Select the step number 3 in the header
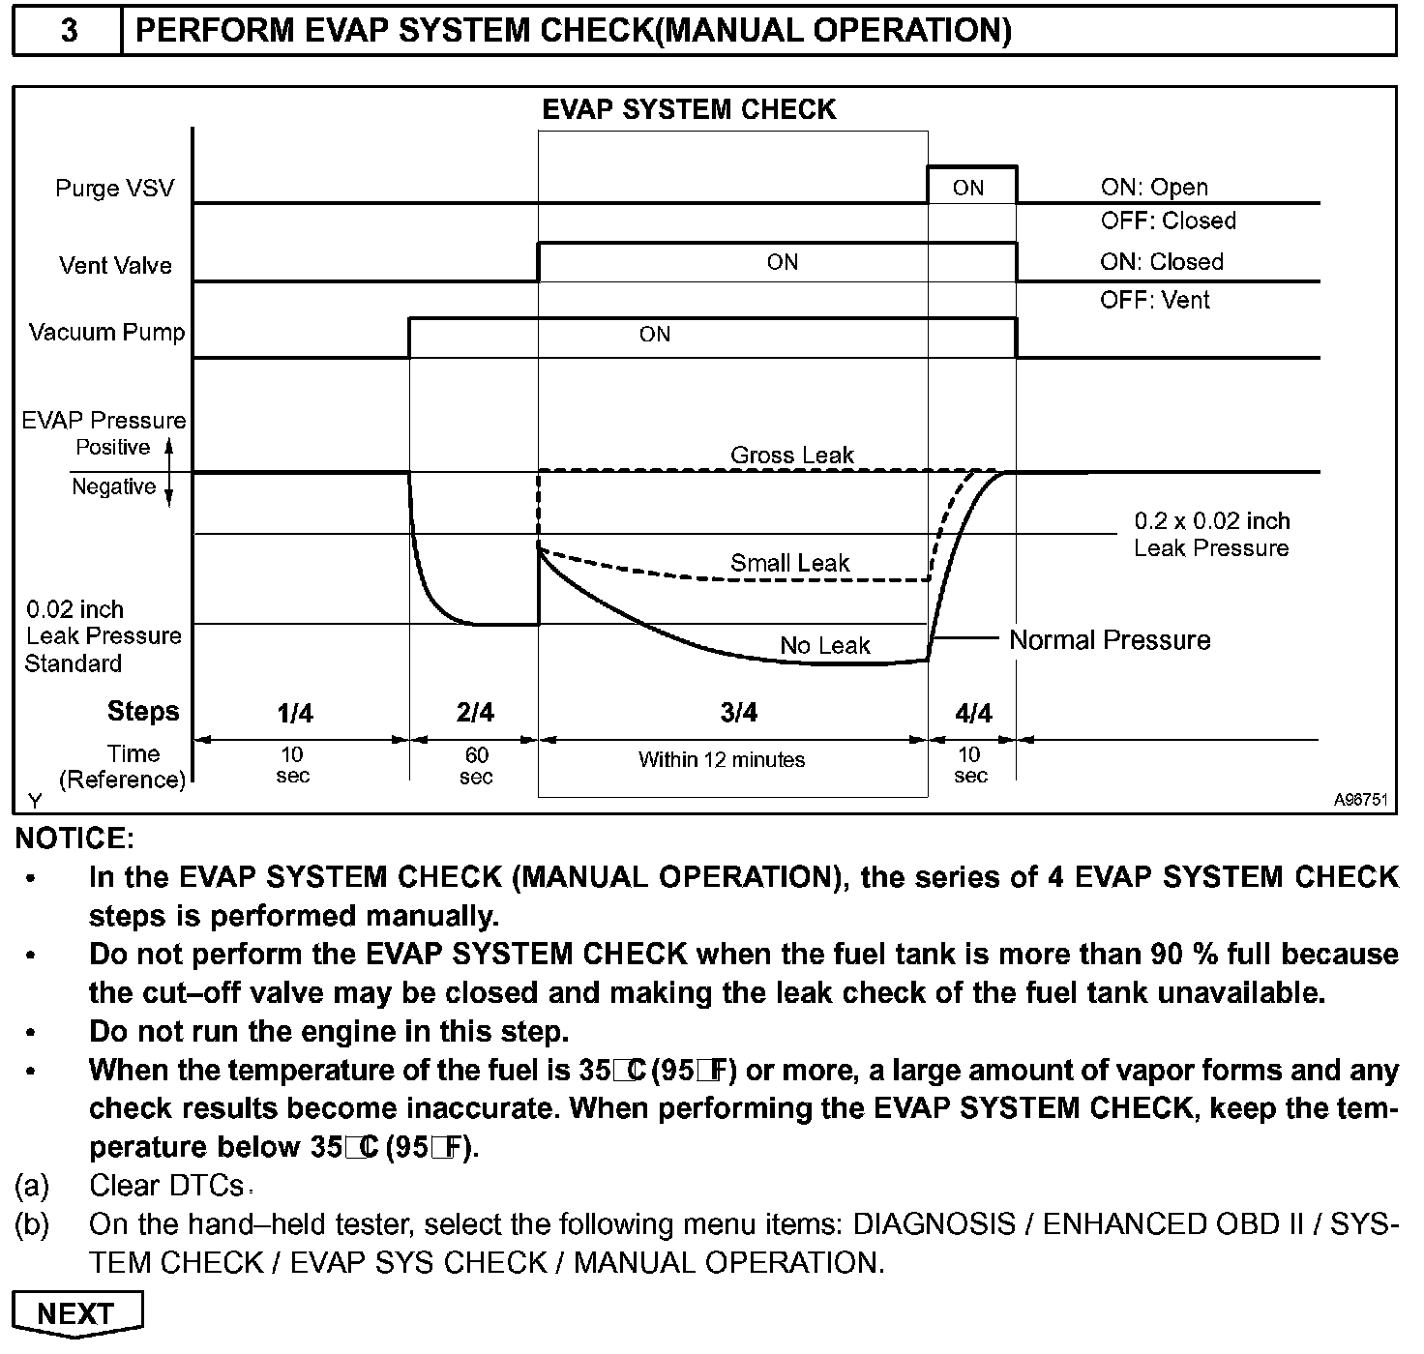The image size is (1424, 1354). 69,31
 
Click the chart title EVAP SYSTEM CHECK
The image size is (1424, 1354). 688,109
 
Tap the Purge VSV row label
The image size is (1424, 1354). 114,188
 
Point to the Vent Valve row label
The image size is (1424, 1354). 115,265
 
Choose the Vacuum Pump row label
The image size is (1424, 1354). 106,333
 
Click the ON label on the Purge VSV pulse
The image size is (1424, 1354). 968,188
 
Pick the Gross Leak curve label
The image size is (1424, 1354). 792,455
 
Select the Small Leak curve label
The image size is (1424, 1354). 789,563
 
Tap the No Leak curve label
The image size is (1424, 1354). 825,645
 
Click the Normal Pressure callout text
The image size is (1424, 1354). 1110,640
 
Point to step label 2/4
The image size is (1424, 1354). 475,713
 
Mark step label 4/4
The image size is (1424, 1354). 973,714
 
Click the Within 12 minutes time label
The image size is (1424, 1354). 722,759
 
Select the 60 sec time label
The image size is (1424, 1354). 476,765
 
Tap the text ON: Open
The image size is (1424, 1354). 1154,187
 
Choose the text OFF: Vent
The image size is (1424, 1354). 1154,300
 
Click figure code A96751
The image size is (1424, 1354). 1360,800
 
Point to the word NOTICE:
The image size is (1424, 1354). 74,838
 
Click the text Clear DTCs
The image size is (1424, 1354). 166,1186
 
